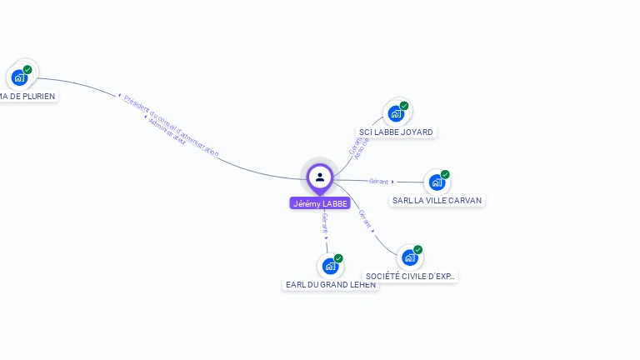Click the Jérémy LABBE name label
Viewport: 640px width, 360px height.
pyautogui.click(x=320, y=203)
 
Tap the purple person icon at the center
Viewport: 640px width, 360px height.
pyautogui.click(x=320, y=177)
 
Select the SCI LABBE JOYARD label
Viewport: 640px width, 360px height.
pyautogui.click(x=397, y=132)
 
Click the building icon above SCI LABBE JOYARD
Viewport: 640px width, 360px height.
pyautogui.click(x=396, y=113)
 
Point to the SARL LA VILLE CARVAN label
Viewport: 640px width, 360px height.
pyautogui.click(x=437, y=200)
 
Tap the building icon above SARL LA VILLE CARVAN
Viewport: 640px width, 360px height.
pyautogui.click(x=437, y=182)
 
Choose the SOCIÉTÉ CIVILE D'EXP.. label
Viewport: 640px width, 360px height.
pyautogui.click(x=411, y=276)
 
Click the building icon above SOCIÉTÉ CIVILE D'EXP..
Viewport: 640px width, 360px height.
pyautogui.click(x=410, y=257)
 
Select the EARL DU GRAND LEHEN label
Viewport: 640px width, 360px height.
pyautogui.click(x=331, y=284)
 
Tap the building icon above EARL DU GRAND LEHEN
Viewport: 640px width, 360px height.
pyautogui.click(x=330, y=266)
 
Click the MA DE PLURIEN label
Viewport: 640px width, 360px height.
pyautogui.click(x=27, y=96)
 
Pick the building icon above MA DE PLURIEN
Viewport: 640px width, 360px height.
pyautogui.click(x=19, y=77)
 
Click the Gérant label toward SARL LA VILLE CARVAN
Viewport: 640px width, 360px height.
pyautogui.click(x=379, y=181)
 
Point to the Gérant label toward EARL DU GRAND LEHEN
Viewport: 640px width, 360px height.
pyautogui.click(x=325, y=222)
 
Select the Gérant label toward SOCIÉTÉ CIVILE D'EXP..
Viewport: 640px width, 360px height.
pyautogui.click(x=365, y=218)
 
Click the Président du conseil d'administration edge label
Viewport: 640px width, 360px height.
pyautogui.click(x=171, y=126)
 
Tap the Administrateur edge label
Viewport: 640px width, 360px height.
pyautogui.click(x=167, y=132)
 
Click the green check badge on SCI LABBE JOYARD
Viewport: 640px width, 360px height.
pyautogui.click(x=404, y=106)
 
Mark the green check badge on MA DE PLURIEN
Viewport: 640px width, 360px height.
pyautogui.click(x=27, y=70)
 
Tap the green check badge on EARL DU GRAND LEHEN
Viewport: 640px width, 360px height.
pyautogui.click(x=338, y=258)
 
